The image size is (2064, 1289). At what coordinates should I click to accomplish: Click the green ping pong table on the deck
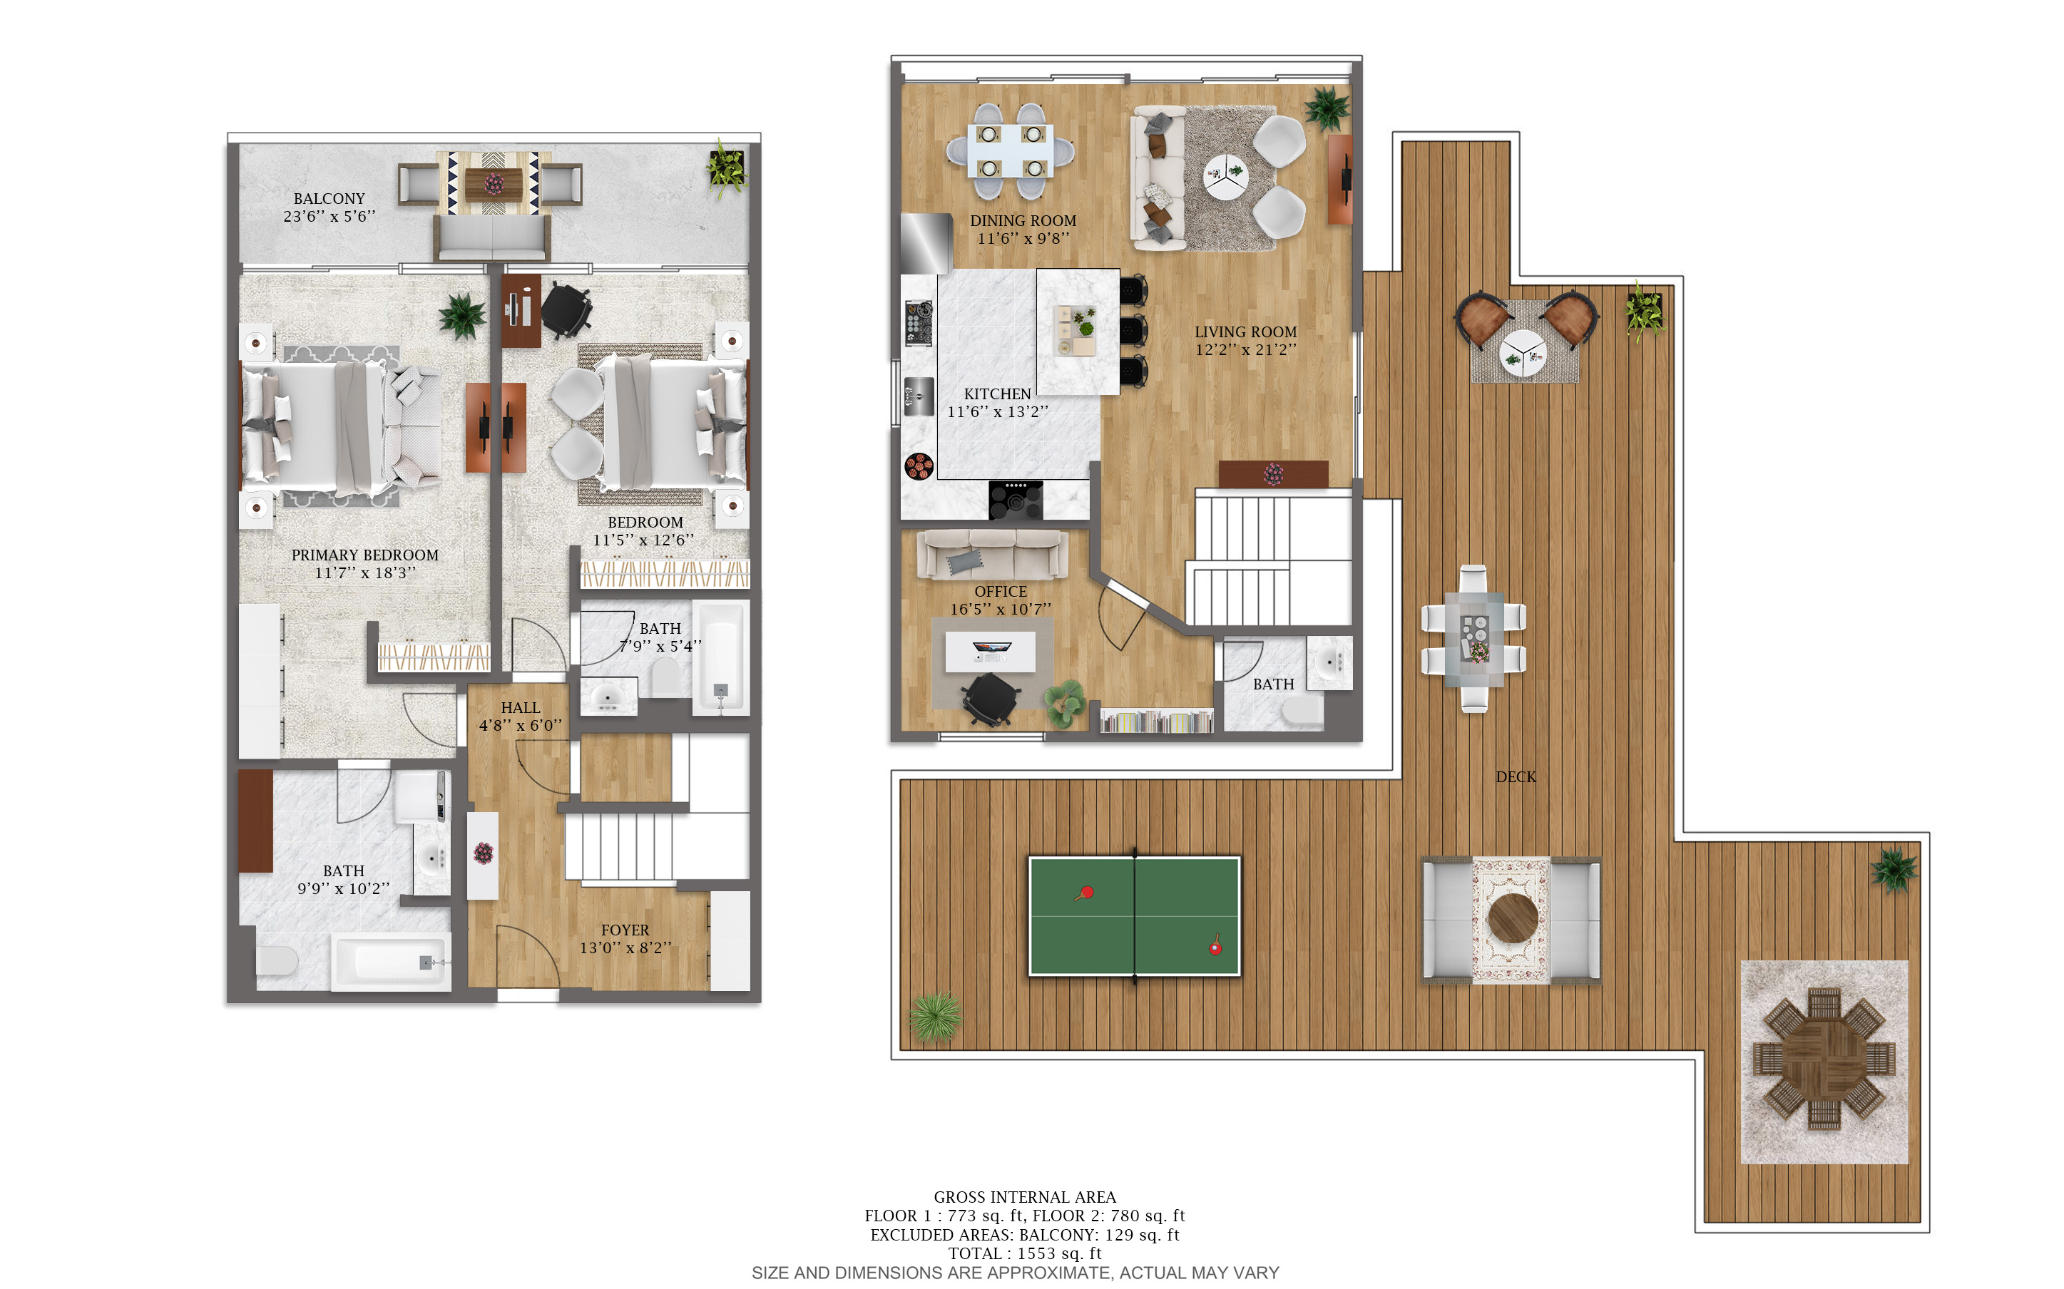pos(1134,915)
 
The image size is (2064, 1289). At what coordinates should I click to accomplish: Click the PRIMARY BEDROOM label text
pos(365,555)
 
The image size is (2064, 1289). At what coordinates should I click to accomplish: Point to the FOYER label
pos(625,930)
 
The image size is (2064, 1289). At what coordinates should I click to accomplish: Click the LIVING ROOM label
pos(1245,332)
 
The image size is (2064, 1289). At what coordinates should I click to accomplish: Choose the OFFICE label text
pos(1001,592)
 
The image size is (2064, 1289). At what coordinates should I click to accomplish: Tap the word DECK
pos(1516,776)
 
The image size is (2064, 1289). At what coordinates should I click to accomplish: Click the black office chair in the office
pos(991,698)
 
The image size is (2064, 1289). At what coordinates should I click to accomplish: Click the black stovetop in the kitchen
pos(1016,500)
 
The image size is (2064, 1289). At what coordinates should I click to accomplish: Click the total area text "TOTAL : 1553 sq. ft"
pos(1025,1253)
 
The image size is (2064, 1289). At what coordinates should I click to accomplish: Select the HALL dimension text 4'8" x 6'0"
pos(520,726)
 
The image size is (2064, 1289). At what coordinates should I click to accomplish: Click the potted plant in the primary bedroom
pos(463,315)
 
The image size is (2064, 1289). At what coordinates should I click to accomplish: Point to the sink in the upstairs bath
pos(1329,661)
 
